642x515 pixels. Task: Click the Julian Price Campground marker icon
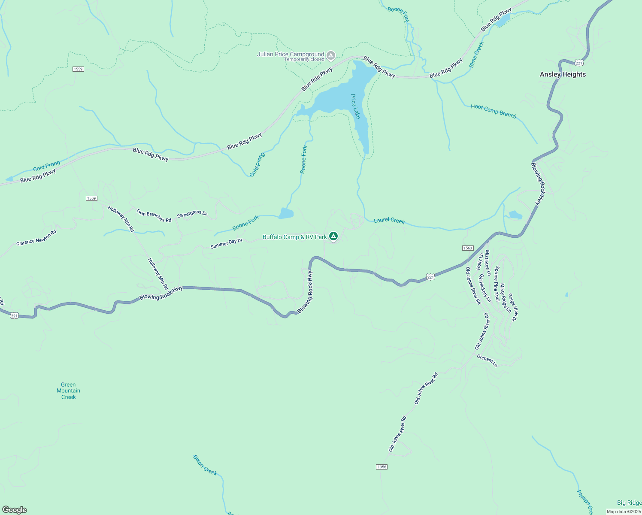point(331,55)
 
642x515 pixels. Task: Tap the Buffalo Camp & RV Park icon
point(333,236)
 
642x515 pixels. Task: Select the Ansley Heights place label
point(563,74)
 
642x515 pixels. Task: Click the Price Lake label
point(356,106)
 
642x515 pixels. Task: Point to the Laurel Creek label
point(389,221)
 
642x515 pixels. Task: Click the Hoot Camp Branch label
point(494,111)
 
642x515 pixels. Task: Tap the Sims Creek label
point(476,55)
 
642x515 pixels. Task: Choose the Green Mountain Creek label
point(68,391)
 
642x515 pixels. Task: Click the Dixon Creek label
point(205,465)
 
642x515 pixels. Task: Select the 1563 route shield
point(468,248)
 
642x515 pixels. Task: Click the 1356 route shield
point(382,467)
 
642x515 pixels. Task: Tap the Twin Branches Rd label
point(154,215)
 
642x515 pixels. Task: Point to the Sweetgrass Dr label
point(192,214)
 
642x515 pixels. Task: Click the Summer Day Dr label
point(227,244)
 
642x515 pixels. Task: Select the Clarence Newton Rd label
point(36,238)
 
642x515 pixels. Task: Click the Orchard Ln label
point(487,360)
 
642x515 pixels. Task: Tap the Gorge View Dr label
point(513,307)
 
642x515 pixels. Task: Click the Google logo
point(14,510)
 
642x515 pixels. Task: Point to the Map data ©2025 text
point(624,512)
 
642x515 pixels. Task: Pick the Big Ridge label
point(629,503)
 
